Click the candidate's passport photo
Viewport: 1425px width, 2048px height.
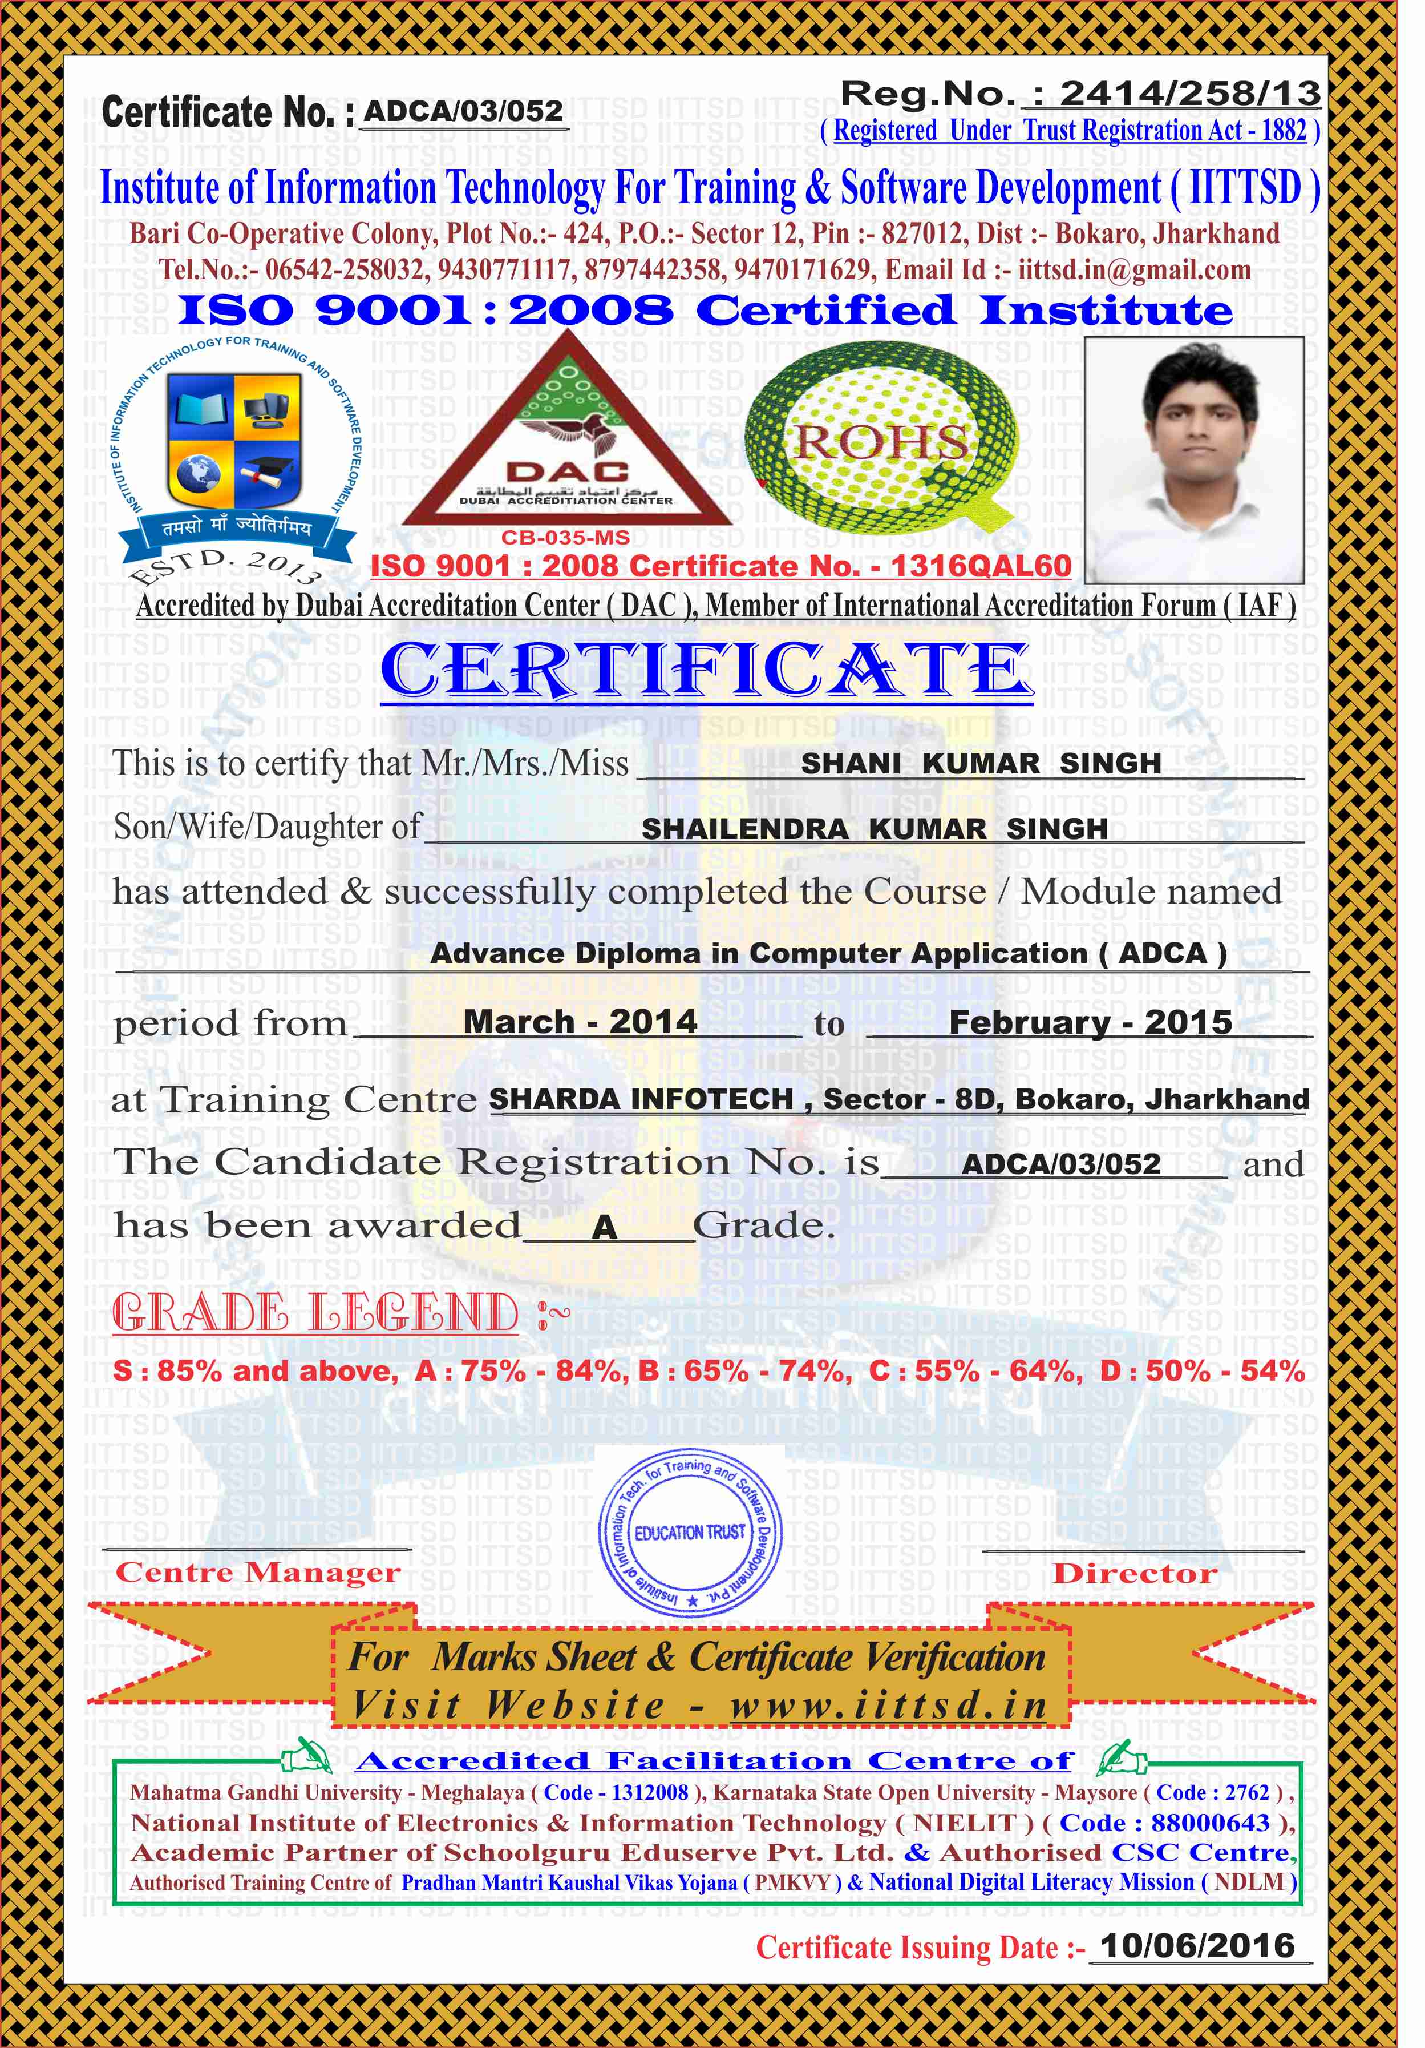coord(1193,460)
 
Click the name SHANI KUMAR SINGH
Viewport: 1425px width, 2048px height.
coord(981,764)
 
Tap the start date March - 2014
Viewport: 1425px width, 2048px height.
coord(580,1021)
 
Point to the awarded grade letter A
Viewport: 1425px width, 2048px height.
coord(605,1227)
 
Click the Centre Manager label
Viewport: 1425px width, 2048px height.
coord(258,1573)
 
